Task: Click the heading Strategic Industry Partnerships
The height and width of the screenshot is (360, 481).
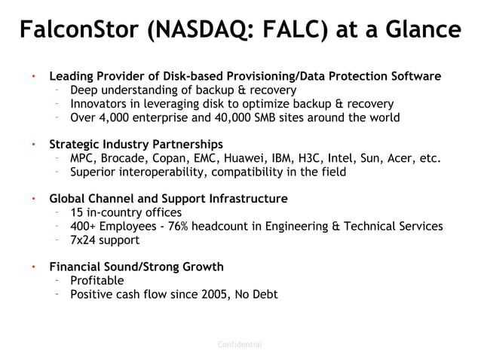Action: [136, 144]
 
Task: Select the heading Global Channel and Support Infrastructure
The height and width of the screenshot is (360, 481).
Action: [167, 199]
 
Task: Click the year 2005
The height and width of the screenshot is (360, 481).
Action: [228, 294]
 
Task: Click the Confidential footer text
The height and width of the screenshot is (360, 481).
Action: [240, 345]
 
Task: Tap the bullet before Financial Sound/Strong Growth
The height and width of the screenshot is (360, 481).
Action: [33, 267]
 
